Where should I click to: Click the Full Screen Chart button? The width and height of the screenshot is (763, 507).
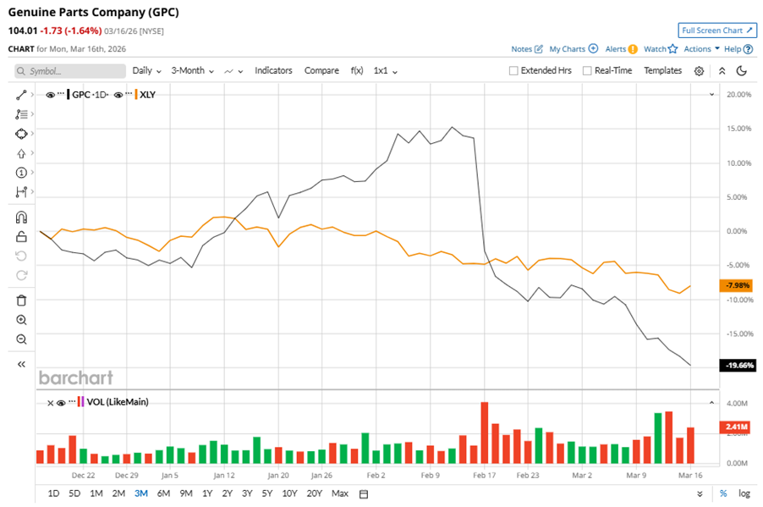point(716,30)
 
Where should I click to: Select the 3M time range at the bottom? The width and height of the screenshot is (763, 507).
point(140,493)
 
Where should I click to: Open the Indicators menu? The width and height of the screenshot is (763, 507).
point(273,71)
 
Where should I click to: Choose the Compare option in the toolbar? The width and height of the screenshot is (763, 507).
point(321,71)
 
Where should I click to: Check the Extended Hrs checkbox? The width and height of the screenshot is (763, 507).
point(513,71)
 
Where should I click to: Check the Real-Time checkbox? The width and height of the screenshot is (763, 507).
point(587,71)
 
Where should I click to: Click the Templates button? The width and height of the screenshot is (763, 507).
point(662,71)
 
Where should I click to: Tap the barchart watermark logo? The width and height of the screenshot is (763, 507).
point(75,377)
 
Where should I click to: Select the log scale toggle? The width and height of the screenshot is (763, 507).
point(744,493)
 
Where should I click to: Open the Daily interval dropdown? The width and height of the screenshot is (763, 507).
point(146,71)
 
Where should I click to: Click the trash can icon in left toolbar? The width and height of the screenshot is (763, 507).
point(22,300)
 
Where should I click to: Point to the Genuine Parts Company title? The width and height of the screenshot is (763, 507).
point(93,14)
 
